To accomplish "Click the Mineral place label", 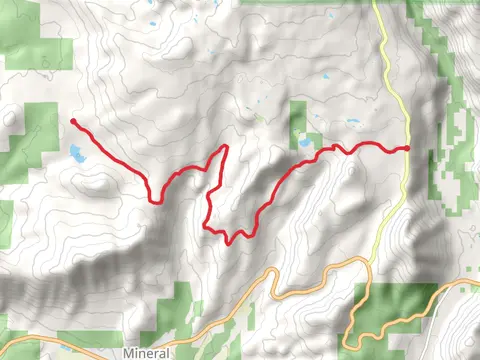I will pos(148,353).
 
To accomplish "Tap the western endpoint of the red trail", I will pos(74,122).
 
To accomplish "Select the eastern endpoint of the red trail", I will pos(407,148).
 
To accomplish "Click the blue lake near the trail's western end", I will pos(77,153).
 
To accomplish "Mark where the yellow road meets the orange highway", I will pos(366,261).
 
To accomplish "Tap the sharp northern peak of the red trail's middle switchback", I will pos(226,147).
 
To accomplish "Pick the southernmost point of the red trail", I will pos(230,242).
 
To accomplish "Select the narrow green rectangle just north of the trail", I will pos(298,122).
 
